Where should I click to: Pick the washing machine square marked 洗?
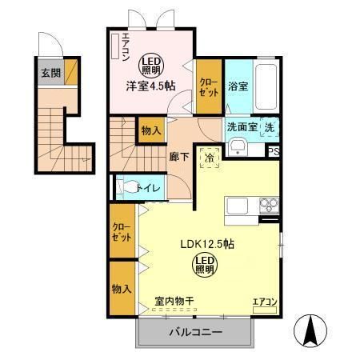[x=270, y=126]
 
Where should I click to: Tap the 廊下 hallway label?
[x=179, y=157]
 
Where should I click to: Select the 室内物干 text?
[x=175, y=302]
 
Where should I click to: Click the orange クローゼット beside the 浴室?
[x=209, y=88]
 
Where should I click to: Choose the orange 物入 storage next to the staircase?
[x=150, y=130]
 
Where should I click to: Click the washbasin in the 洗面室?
[x=238, y=148]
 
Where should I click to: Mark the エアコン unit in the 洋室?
[x=117, y=49]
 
